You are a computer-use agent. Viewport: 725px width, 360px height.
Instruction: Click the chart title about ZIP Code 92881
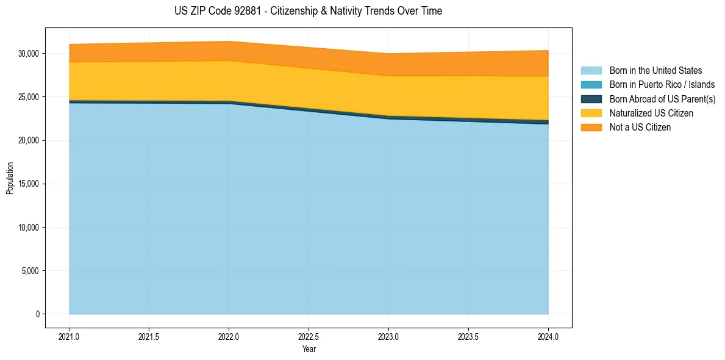(308, 11)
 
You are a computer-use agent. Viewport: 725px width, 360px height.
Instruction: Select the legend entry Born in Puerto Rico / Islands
(662, 85)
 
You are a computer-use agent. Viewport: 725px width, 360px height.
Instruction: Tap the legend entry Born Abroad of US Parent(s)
(662, 99)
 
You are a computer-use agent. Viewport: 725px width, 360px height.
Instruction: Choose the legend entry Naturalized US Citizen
(651, 113)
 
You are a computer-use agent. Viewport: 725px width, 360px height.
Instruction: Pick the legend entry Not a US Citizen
(640, 128)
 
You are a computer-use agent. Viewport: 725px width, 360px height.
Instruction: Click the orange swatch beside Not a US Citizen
(591, 128)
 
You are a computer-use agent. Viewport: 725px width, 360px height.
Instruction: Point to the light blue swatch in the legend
(591, 71)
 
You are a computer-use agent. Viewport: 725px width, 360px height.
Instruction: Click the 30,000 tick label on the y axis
(28, 54)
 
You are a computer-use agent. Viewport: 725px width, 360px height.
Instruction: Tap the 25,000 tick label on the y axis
(28, 97)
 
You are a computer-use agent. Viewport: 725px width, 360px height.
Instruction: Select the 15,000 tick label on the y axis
(28, 184)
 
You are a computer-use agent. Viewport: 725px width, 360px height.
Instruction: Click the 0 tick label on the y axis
(37, 314)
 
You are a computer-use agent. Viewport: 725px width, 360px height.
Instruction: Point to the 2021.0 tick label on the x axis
(69, 336)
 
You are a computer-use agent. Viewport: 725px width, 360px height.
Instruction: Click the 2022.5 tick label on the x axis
(309, 336)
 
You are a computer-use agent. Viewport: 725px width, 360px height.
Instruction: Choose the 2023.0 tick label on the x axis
(388, 336)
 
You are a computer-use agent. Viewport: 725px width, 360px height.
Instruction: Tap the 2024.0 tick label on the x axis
(548, 336)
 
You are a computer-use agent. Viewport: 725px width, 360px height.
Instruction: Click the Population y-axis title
(10, 178)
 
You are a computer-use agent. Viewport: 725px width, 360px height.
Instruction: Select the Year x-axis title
(309, 349)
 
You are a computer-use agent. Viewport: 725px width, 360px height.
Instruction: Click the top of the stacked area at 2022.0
(229, 41)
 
